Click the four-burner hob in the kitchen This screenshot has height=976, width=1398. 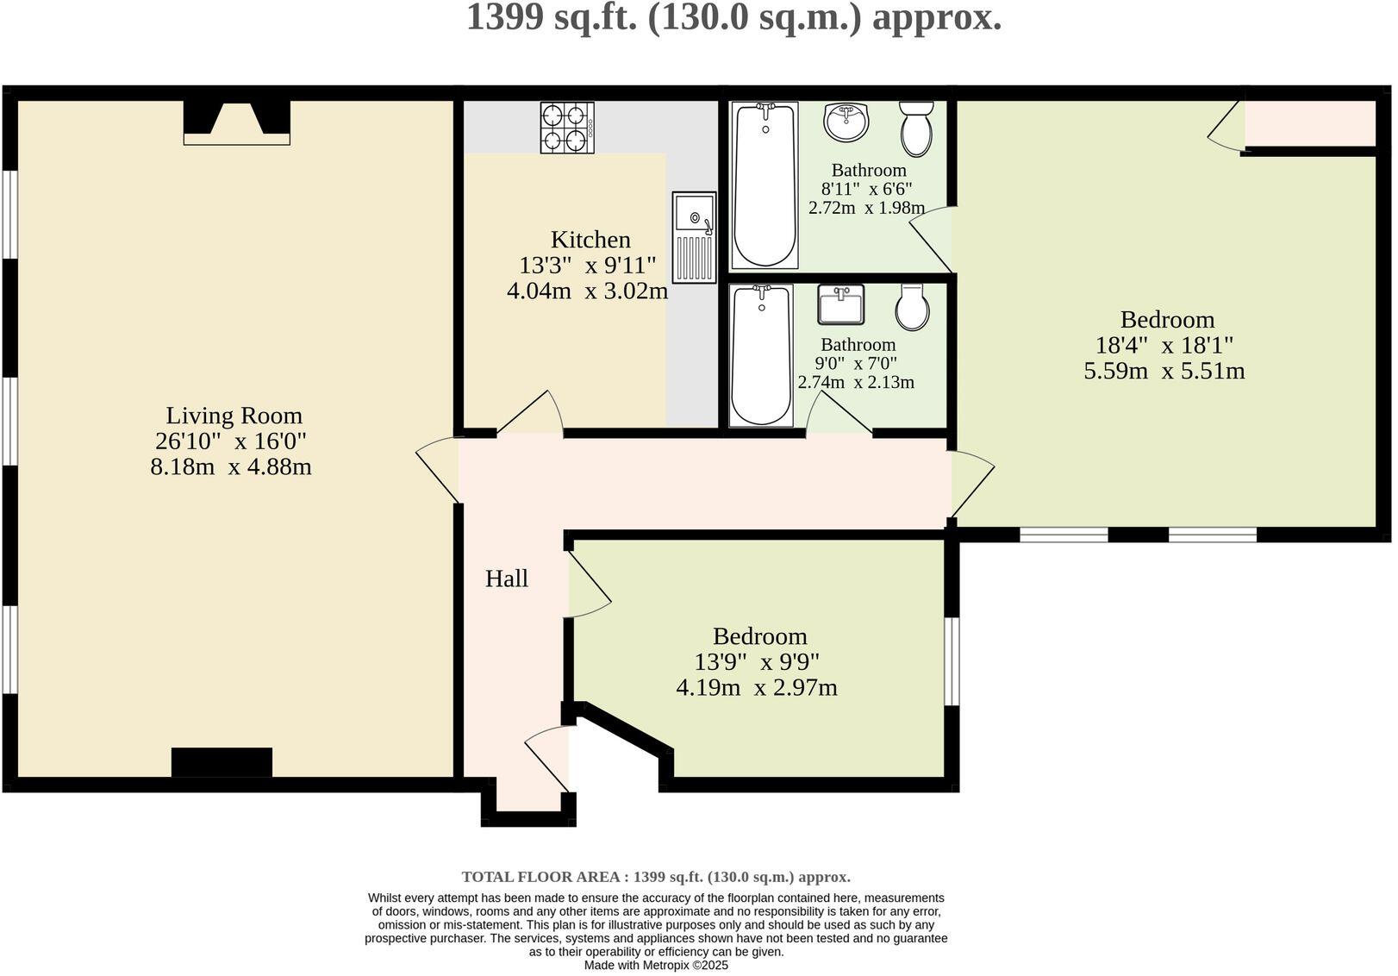(x=567, y=128)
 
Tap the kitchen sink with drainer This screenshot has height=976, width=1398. (x=694, y=238)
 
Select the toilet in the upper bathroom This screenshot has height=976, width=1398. (x=916, y=128)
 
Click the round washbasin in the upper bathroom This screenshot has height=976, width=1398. (x=846, y=122)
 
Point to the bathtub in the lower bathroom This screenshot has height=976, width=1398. (x=761, y=356)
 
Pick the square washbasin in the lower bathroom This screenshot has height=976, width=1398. (x=840, y=304)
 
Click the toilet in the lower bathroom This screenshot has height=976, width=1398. (x=912, y=307)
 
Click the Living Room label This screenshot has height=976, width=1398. (x=234, y=416)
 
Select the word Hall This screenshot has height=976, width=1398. (x=506, y=579)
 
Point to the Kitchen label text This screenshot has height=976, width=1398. (x=590, y=240)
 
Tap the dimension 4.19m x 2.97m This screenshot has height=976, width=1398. (x=756, y=688)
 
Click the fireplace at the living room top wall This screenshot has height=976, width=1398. (x=236, y=122)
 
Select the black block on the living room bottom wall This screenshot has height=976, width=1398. (x=222, y=762)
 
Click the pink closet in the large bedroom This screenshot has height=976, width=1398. (x=1309, y=123)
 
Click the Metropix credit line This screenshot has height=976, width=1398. (x=656, y=966)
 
